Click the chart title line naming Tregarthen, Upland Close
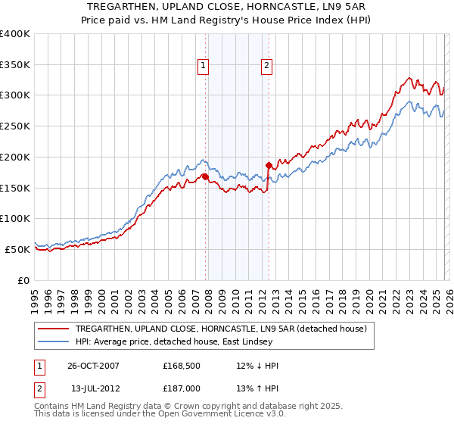(x=227, y=5)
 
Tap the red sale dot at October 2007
(x=205, y=176)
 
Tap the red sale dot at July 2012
(x=268, y=164)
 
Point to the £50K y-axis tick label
(x=17, y=249)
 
